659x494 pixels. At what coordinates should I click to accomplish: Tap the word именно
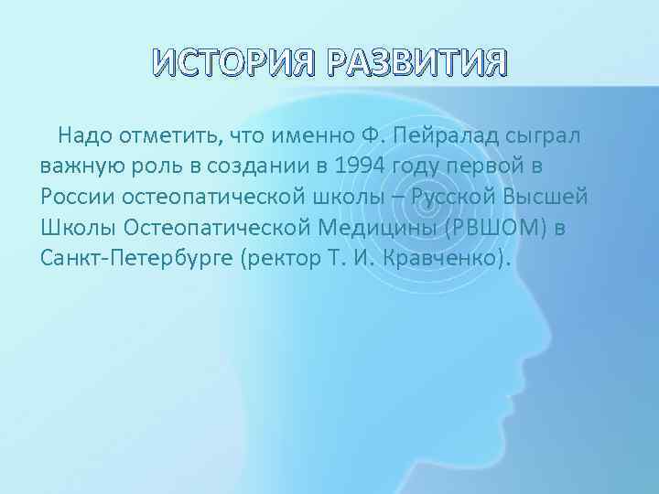click(295, 137)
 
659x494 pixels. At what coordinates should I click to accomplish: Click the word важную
click(81, 166)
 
